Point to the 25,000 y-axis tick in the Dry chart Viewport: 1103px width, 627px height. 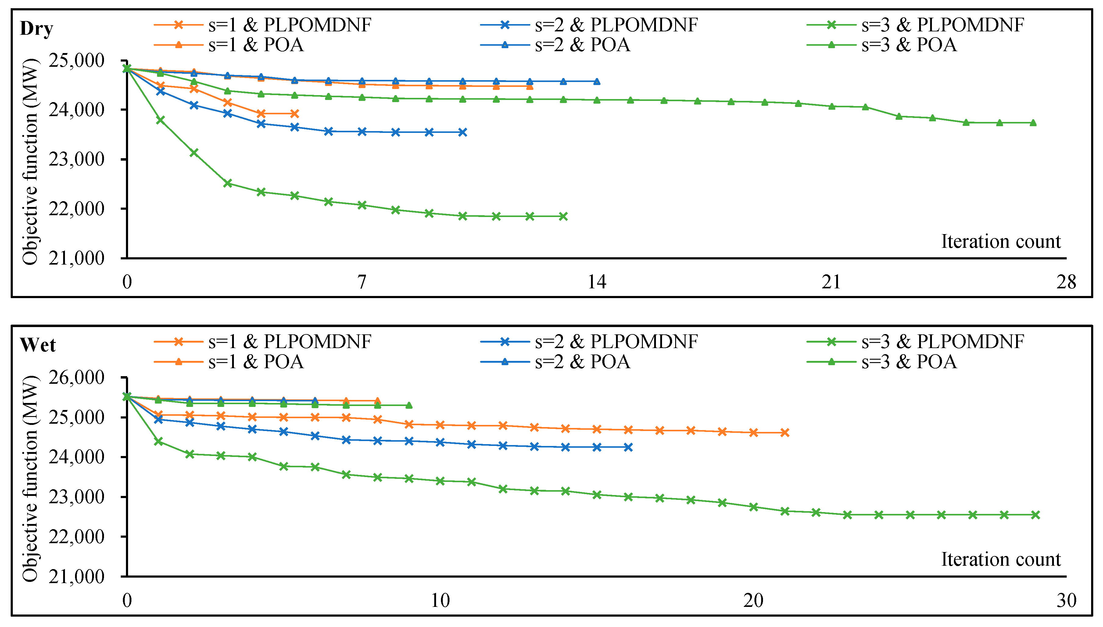pyautogui.click(x=76, y=61)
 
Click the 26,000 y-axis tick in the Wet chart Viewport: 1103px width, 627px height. pyautogui.click(x=76, y=378)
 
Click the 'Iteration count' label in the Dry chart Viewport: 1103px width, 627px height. pyautogui.click(x=1001, y=242)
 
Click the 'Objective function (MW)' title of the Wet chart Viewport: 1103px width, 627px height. pyautogui.click(x=30, y=478)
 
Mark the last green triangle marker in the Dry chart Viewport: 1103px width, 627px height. pyautogui.click(x=1033, y=123)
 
